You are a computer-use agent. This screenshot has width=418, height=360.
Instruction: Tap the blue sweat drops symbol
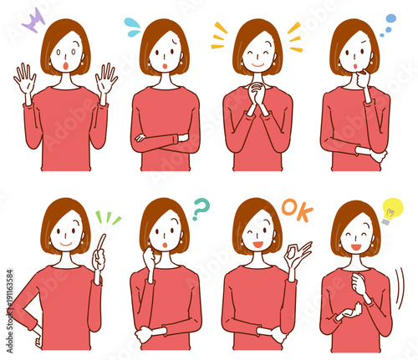pos(133,28)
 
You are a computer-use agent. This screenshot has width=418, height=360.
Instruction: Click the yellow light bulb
pos(390,210)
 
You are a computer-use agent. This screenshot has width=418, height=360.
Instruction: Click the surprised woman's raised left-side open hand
pos(24,81)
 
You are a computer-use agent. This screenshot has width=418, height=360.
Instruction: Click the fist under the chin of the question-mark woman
pos(151,261)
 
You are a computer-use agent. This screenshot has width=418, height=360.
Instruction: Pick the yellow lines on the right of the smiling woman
pos(294,38)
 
